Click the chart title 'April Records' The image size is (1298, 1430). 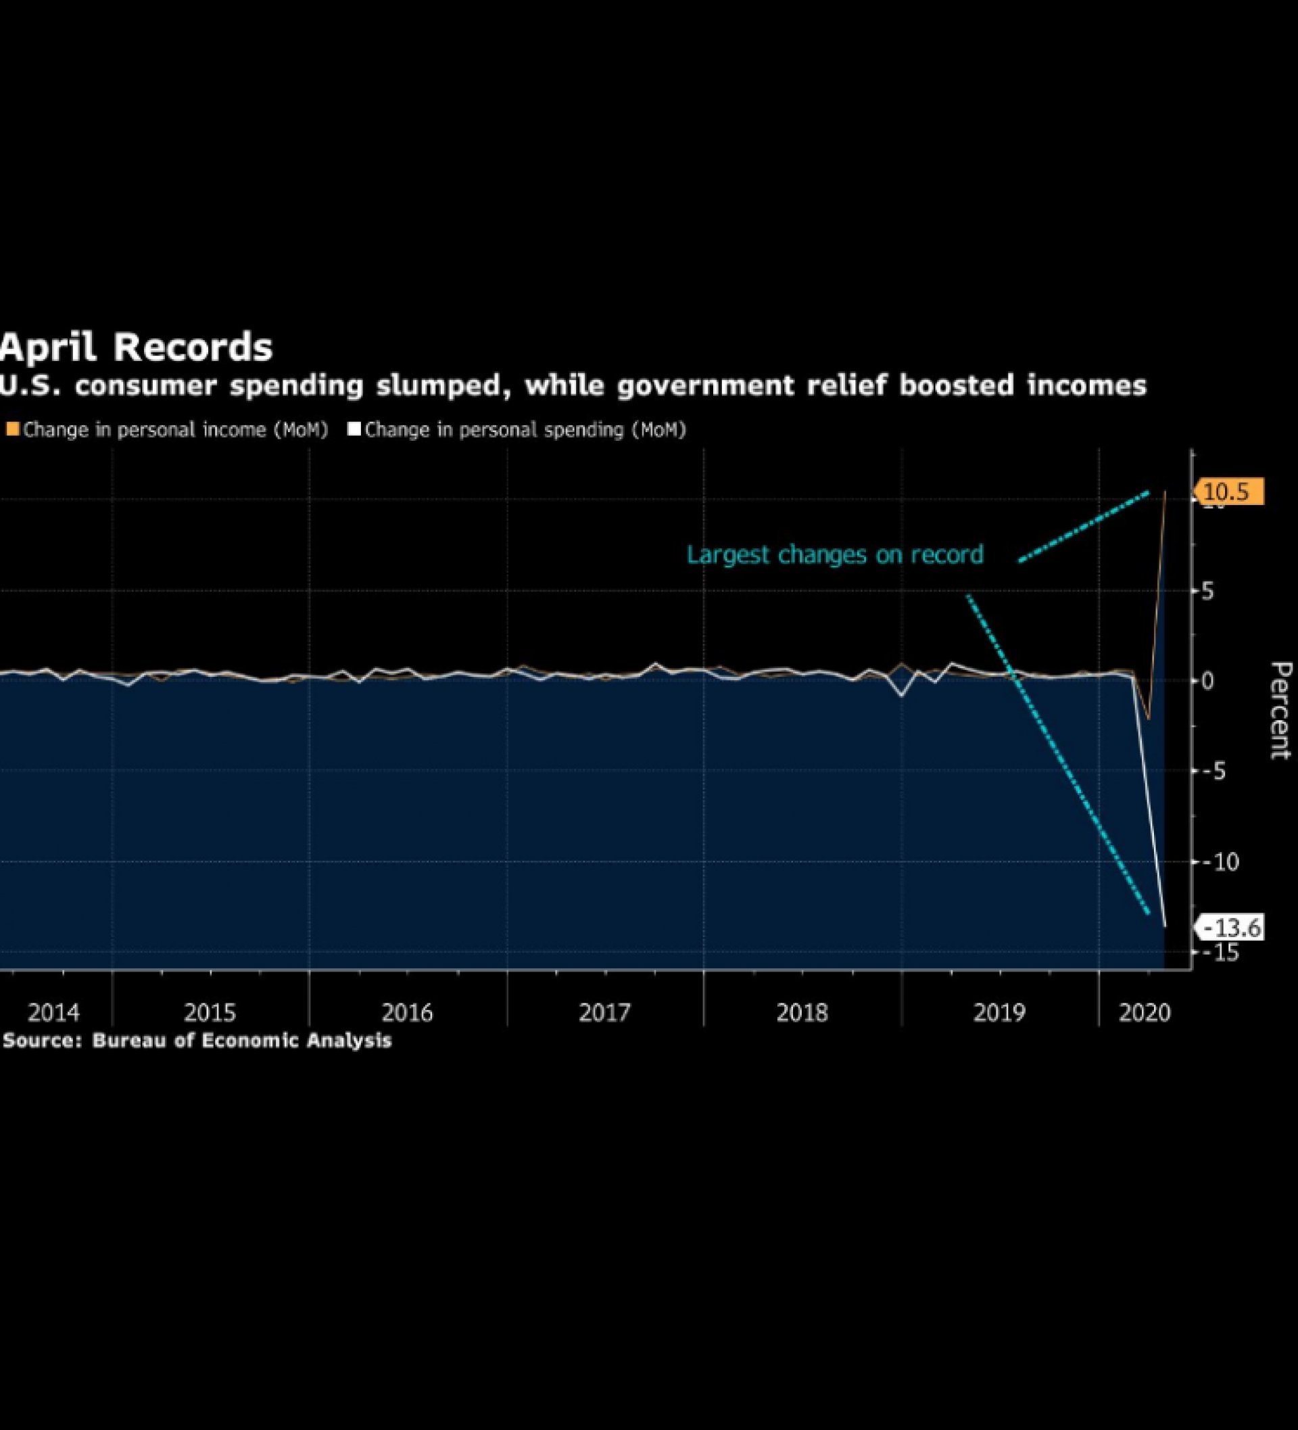click(x=136, y=348)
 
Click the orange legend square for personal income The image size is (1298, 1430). click(x=13, y=429)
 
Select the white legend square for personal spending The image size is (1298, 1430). click(x=354, y=429)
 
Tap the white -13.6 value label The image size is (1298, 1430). click(x=1232, y=928)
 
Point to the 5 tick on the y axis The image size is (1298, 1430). click(x=1207, y=591)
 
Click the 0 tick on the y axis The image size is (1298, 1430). click(x=1207, y=681)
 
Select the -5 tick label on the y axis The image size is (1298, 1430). click(x=1214, y=771)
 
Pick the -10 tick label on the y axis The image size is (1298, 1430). click(x=1220, y=862)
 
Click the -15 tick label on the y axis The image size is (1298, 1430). click(x=1220, y=953)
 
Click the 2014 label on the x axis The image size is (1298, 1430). click(x=54, y=1012)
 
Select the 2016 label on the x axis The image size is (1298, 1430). click(x=407, y=1012)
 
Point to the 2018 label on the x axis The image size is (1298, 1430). click(x=802, y=1012)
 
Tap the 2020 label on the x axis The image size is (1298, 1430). click(x=1144, y=1012)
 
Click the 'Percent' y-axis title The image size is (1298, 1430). click(x=1280, y=710)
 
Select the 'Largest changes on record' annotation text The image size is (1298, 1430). click(x=835, y=554)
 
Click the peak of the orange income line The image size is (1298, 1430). click(x=1165, y=491)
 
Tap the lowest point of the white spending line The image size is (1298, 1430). click(x=1165, y=926)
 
